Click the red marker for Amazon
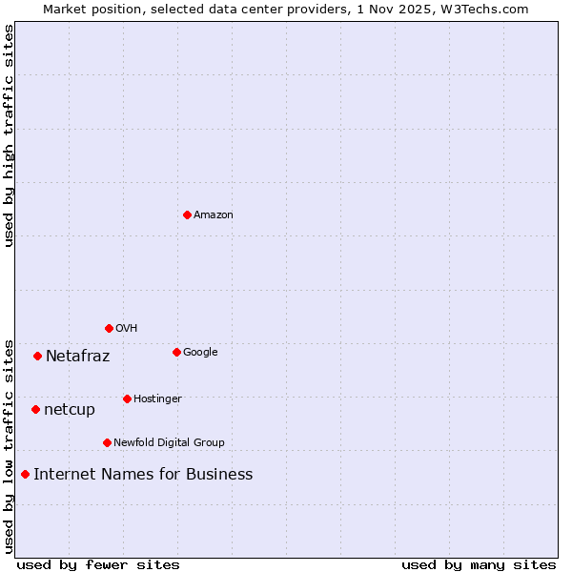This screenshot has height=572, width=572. point(187,214)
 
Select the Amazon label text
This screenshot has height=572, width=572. point(214,215)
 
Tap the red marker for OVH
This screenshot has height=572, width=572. point(109,328)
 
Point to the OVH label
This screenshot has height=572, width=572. point(127,329)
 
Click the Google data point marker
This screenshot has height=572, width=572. point(176,352)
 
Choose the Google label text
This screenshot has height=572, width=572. point(200,353)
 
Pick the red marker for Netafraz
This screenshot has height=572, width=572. point(37,356)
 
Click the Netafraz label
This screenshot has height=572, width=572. point(78,357)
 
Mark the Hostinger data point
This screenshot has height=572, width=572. point(127,398)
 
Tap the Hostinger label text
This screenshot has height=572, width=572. point(157,399)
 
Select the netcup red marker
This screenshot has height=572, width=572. point(35,409)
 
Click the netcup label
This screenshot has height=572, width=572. point(70,410)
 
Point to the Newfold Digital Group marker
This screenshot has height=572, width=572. point(107,442)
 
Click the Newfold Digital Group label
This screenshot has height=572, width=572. point(169,443)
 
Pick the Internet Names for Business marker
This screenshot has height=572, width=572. point(25,474)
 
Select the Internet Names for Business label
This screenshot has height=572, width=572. point(143,475)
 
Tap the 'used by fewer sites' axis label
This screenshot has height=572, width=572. point(98,564)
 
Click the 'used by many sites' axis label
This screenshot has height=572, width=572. point(479,564)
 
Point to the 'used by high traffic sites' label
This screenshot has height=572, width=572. point(9,135)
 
